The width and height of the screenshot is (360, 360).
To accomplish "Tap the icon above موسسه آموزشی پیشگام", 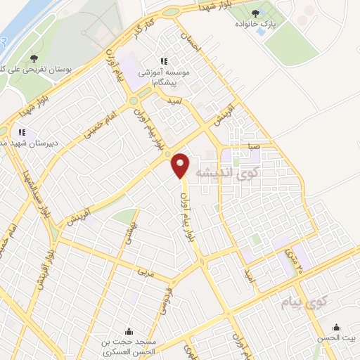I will coord(165,62).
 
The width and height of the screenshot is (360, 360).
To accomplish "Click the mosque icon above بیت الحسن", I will coord(337,326).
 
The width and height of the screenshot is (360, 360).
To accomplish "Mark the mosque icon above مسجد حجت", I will coord(129,332).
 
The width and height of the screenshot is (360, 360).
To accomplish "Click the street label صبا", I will coord(253,147).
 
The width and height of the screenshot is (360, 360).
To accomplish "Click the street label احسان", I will coord(191,41).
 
